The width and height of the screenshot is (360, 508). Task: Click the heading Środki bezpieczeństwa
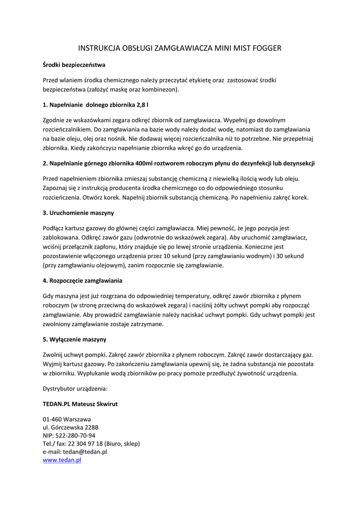pyautogui.click(x=74, y=64)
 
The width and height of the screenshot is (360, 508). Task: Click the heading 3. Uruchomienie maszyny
pyautogui.click(x=78, y=213)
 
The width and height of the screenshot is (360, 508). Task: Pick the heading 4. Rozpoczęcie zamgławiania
pyautogui.click(x=82, y=281)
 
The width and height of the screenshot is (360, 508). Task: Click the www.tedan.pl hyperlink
pyautogui.click(x=62, y=460)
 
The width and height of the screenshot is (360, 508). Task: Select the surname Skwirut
pyautogui.click(x=106, y=404)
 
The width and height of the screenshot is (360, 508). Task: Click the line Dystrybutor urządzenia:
pyautogui.click(x=75, y=388)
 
